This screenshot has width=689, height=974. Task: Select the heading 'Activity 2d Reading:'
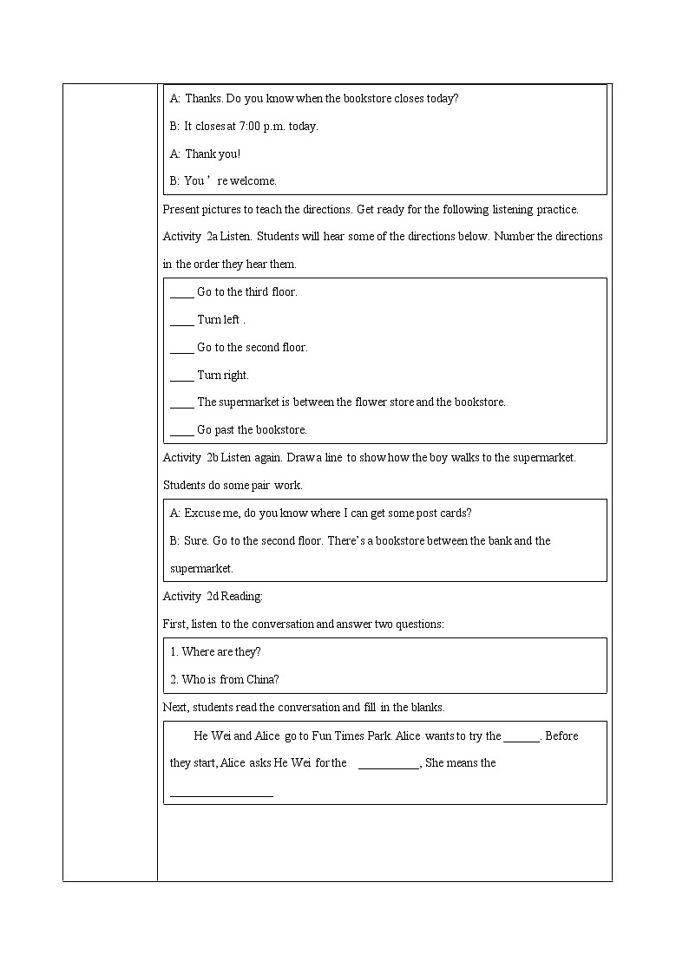click(x=213, y=597)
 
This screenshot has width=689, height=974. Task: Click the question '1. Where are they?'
click(x=215, y=652)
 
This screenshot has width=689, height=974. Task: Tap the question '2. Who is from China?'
click(x=225, y=680)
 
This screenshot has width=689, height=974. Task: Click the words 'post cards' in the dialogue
click(x=442, y=513)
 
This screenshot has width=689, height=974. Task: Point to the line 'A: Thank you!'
click(x=205, y=154)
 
